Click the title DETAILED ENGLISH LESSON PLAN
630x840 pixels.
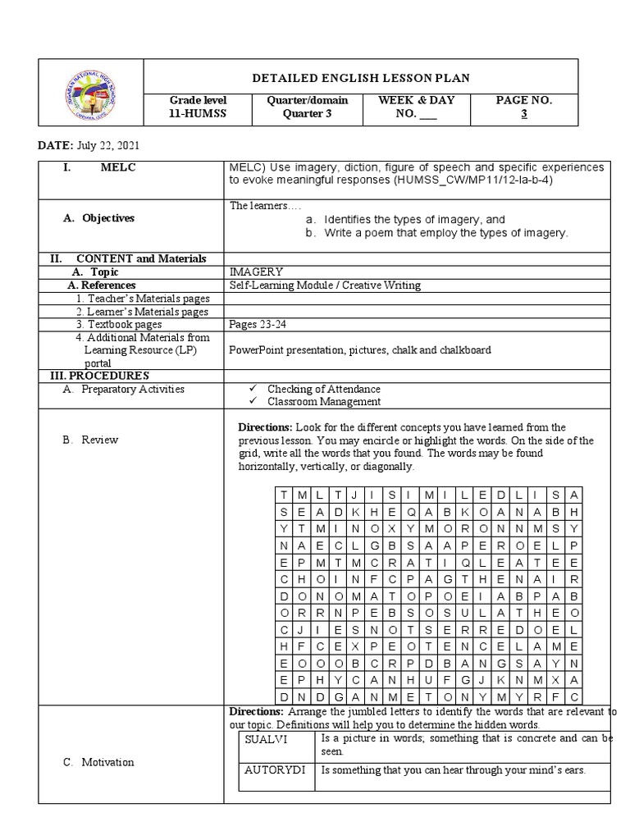360,77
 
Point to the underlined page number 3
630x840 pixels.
524,114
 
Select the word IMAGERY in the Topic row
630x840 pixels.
257,272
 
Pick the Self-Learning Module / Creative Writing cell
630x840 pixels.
325,285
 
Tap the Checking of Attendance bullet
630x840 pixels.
323,389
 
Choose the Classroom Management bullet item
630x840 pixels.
323,401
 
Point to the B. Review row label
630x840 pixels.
90,440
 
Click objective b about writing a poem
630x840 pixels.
445,233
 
